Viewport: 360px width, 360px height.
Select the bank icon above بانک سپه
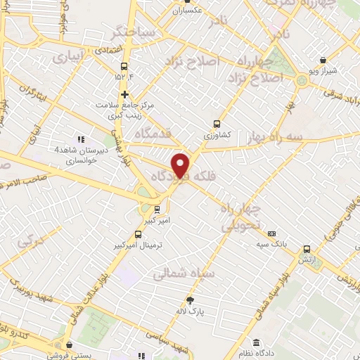(272, 233)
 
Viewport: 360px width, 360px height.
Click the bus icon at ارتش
(307, 249)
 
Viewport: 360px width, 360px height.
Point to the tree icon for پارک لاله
(188, 300)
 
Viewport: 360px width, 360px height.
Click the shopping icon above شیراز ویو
(322, 60)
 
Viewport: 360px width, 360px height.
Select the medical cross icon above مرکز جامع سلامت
(124, 94)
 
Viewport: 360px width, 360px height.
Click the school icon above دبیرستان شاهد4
(81, 139)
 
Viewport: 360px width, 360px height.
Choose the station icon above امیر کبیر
(156, 209)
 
